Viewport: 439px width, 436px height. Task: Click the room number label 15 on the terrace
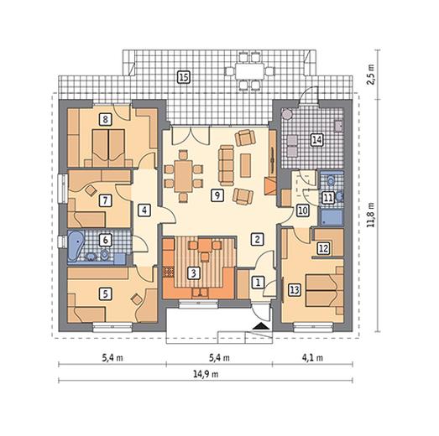184,77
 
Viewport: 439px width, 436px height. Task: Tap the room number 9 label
217,195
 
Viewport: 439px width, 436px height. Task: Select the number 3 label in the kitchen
193,273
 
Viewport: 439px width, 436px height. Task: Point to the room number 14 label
317,139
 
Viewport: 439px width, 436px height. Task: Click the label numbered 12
323,248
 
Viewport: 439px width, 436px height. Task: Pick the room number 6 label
105,240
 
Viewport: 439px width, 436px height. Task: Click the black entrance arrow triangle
263,325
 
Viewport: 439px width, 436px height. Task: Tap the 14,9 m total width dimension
206,374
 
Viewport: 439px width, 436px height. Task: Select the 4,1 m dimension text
312,358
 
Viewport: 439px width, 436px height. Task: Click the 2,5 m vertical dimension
371,75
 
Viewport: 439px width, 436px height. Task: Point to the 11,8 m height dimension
371,215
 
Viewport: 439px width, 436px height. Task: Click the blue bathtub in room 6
76,247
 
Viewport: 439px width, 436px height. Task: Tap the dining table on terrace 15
250,71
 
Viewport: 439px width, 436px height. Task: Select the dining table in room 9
183,176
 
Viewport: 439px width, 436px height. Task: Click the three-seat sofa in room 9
227,165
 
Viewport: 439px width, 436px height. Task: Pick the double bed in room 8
108,148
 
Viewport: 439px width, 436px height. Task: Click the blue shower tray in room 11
332,217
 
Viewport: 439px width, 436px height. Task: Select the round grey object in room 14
287,114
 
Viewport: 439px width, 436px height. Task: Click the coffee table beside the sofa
245,165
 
